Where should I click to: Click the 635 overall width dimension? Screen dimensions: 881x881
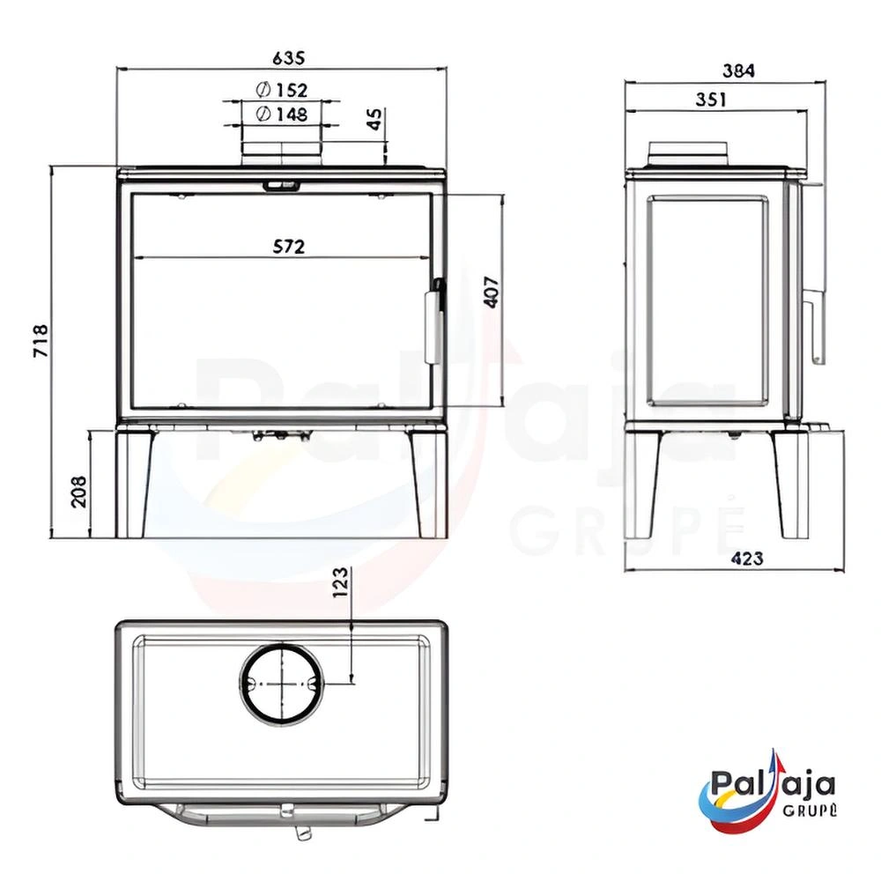(x=288, y=58)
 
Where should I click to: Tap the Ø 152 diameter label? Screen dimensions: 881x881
(x=282, y=90)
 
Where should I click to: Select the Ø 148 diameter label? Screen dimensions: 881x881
(x=282, y=114)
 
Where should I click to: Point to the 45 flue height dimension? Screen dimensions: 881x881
(x=374, y=119)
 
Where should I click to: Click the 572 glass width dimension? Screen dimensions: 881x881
(x=289, y=247)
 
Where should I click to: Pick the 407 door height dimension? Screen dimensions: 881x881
(x=491, y=292)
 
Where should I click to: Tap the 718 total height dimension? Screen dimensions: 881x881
(x=41, y=341)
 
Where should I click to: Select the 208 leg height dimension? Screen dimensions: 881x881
(x=79, y=492)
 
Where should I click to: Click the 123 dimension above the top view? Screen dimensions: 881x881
(x=340, y=582)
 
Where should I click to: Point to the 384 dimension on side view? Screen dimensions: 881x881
(x=738, y=70)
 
